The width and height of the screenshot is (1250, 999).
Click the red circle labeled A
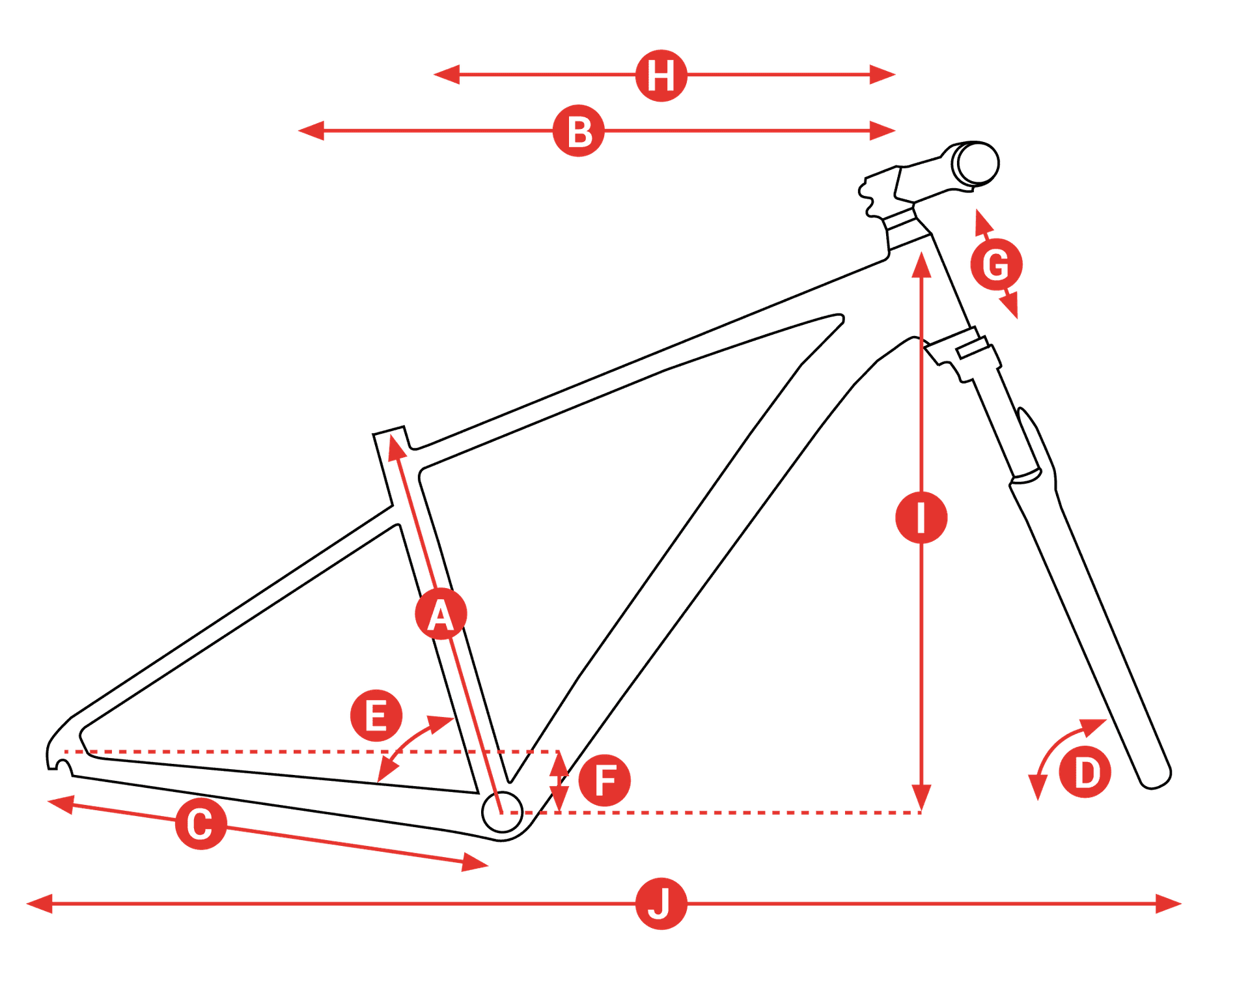441,613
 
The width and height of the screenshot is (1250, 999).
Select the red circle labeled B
578,131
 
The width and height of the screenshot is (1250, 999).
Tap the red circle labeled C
201,824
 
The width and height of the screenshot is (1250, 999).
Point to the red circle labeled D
1085,772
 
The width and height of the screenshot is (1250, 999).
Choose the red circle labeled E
376,715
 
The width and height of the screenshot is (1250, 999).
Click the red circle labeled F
604,780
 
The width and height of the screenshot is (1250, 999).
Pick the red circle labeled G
996,264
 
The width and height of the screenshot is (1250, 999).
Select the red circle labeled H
661,76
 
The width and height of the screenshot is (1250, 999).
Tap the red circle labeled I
921,518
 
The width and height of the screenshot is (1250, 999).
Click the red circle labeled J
661,904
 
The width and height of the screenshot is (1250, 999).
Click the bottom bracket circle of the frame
502,812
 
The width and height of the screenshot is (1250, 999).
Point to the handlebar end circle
977,163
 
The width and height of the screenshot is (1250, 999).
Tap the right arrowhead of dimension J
1169,904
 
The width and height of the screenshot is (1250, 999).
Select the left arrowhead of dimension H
447,75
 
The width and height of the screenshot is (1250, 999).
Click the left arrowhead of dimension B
311,131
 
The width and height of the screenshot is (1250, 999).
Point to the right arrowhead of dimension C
475,863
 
